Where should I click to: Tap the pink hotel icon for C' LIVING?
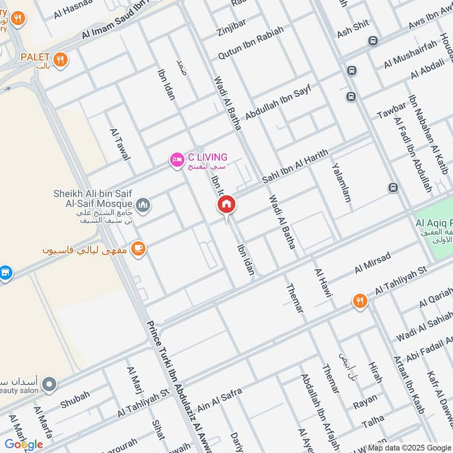[177, 161]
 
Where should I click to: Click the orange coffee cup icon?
[138, 248]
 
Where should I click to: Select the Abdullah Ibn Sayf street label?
[278, 102]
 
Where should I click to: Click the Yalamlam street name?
[341, 183]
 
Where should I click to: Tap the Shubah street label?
[75, 399]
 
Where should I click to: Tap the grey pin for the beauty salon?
[50, 385]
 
